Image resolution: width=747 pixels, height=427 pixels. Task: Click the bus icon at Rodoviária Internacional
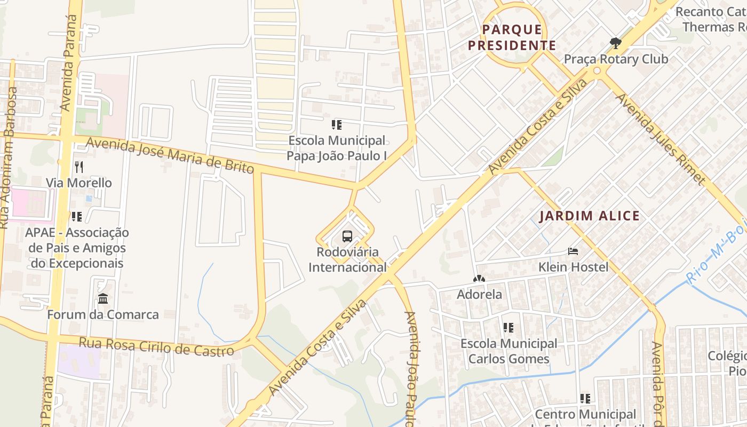(x=347, y=236)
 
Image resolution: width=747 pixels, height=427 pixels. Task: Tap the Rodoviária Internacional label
(x=347, y=259)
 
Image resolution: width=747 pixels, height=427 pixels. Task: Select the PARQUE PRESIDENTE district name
(x=512, y=37)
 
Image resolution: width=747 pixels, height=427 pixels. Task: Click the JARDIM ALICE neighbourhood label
(x=589, y=216)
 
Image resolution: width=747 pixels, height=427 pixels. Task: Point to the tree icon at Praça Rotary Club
(x=615, y=43)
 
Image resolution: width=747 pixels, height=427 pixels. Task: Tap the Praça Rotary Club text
(x=616, y=59)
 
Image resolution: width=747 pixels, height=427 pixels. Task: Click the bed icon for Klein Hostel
(x=573, y=251)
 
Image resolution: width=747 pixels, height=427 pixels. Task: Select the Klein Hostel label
(x=573, y=266)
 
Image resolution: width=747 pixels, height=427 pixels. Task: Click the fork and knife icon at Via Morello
(x=79, y=167)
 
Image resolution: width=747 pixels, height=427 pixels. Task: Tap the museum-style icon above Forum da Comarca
(x=103, y=299)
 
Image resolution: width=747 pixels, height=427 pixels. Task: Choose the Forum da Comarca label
(x=103, y=314)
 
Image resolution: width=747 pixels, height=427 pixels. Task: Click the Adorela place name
(x=479, y=294)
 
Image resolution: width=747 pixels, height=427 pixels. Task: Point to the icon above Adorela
(x=479, y=279)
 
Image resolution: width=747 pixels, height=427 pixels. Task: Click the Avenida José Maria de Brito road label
(x=170, y=155)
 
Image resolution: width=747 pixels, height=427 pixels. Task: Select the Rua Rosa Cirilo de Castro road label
(x=156, y=346)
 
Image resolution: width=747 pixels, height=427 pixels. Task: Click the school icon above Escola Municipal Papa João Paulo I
(x=336, y=125)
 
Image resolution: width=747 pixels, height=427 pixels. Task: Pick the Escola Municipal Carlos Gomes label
(x=508, y=351)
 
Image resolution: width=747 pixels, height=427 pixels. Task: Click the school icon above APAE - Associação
(x=77, y=216)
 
